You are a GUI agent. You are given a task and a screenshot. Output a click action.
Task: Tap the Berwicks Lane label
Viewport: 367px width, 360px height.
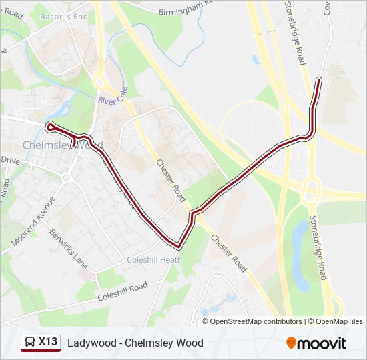tap(69, 249)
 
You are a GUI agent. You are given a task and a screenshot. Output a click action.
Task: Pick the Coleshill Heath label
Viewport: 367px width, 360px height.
tap(154, 260)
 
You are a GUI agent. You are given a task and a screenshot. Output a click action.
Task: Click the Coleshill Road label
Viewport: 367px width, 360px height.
tap(122, 291)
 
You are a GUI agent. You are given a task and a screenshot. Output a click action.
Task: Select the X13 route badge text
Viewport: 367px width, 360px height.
tap(47, 342)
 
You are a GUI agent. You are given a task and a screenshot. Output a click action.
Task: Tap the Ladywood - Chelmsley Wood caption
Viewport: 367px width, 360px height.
tap(135, 343)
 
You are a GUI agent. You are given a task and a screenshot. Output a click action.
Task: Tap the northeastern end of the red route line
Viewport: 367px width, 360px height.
tap(319, 79)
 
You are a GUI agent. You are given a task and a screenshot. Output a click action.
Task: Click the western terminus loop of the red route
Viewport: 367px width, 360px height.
tap(49, 125)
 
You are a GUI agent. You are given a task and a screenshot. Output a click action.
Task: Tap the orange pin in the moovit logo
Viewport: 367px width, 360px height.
tap(292, 343)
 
